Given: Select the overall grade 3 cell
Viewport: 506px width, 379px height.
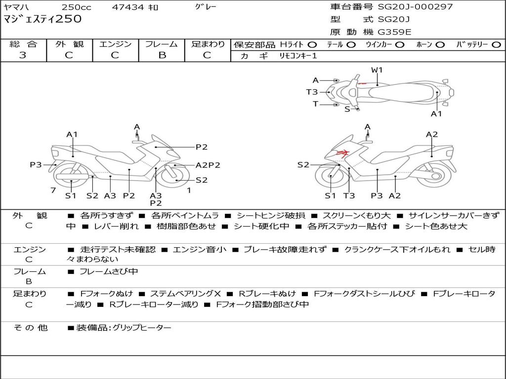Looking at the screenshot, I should coord(23,55).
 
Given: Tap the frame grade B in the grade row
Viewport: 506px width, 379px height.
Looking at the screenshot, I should coord(162,55).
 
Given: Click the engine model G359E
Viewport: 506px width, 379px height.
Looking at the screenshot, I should coord(395,32).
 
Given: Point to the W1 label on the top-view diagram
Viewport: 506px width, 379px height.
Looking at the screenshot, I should coord(377,70).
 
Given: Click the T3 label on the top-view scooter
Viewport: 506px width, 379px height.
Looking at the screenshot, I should coord(312,92).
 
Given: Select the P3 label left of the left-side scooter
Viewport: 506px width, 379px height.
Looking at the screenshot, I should coord(36,165).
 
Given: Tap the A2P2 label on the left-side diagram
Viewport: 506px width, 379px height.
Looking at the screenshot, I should coord(208,165).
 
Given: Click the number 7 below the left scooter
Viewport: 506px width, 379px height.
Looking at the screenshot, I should coord(52,190).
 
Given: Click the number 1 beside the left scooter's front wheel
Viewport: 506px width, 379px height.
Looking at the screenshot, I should coord(189,190).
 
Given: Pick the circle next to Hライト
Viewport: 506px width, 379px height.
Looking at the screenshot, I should coord(312,45).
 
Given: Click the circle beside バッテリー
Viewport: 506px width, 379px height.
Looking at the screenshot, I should coord(497,45).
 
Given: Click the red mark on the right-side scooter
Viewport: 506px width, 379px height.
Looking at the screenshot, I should coord(342,153).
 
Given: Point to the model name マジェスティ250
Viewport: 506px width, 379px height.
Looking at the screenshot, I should coord(42,19).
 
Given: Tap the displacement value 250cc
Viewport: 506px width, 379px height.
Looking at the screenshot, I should coord(76,7).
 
